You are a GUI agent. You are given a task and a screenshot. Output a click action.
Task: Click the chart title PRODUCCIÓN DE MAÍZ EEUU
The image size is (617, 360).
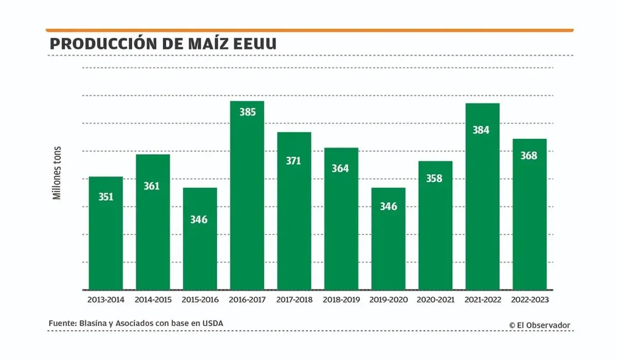[x=163, y=44]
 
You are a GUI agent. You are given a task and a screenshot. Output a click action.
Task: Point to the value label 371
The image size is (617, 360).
[x=294, y=161]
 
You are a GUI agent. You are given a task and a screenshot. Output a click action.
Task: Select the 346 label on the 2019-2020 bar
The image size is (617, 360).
[x=388, y=206]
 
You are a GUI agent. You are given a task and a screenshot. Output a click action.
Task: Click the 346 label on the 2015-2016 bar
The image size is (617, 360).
[x=199, y=219]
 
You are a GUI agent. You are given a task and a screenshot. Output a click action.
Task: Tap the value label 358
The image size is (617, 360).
[x=435, y=178]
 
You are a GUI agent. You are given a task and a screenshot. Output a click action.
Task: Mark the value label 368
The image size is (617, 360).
[x=529, y=156]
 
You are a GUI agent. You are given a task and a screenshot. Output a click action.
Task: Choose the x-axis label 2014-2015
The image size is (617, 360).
[x=152, y=299]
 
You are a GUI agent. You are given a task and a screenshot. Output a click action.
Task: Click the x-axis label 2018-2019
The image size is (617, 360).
[x=341, y=299]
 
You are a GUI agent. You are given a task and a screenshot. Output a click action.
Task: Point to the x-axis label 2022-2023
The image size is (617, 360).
[x=529, y=299]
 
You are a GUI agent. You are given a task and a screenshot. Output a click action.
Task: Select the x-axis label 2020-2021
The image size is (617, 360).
[x=435, y=299]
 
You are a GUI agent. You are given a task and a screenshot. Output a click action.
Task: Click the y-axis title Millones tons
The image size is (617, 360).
[x=57, y=172]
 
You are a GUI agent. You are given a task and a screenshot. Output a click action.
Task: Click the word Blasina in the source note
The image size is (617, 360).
[x=94, y=324]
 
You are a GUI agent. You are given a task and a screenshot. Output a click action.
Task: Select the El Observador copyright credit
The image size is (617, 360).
[x=539, y=325]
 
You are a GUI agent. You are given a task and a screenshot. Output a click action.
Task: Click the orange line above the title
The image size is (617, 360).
[x=309, y=30]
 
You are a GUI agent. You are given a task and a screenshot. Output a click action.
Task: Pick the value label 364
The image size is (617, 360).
[x=341, y=169]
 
